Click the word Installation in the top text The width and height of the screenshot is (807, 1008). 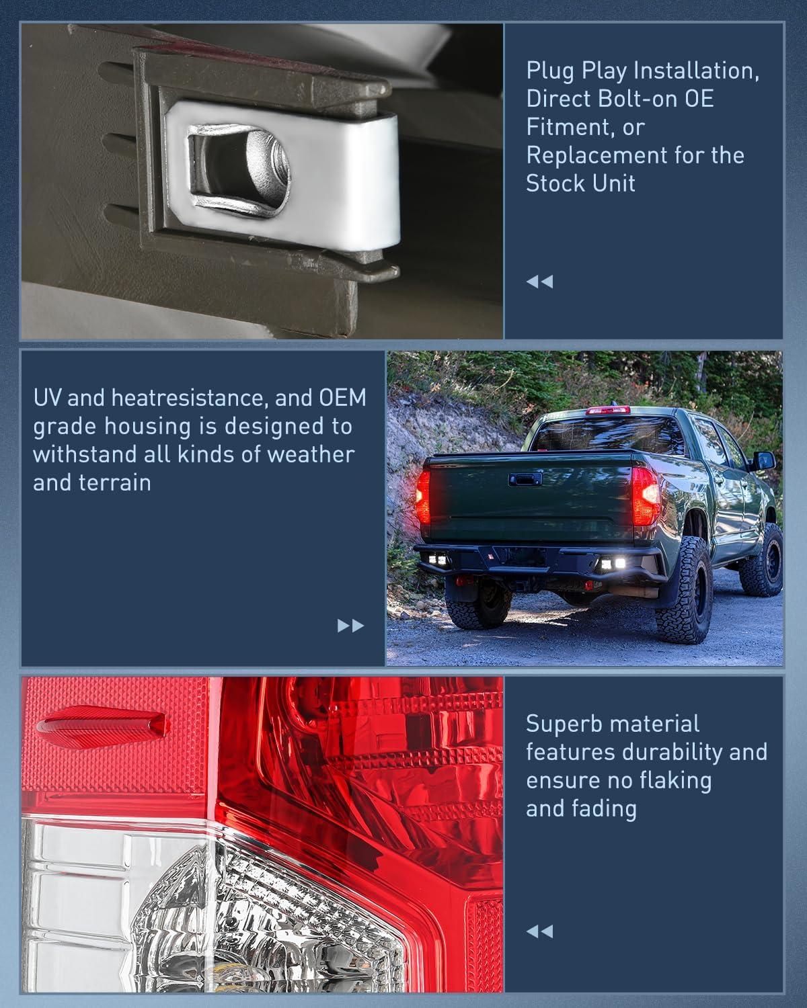[x=693, y=71]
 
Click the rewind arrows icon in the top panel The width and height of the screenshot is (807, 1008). [x=539, y=282]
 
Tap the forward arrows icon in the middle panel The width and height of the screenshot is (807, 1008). [x=350, y=626]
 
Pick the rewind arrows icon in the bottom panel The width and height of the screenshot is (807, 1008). [x=539, y=931]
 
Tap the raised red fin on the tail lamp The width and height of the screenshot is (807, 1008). [x=101, y=724]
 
